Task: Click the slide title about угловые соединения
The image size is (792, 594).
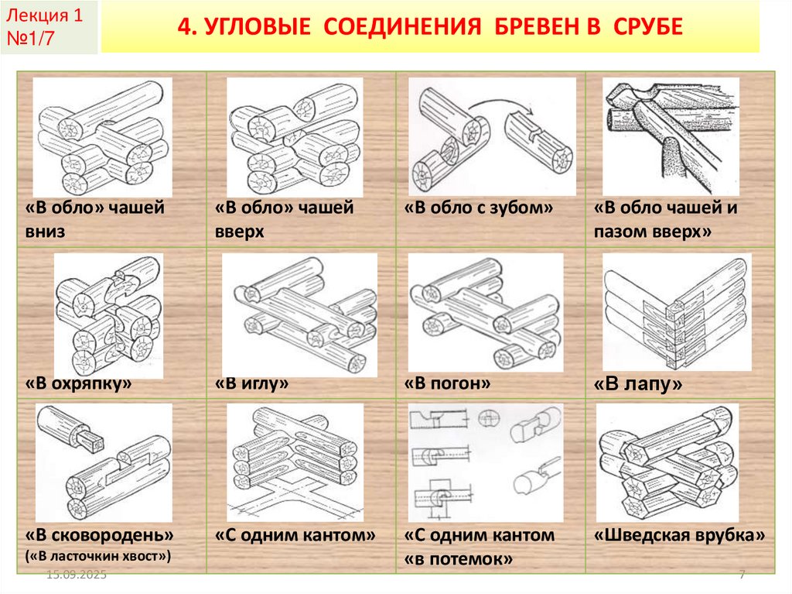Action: (x=430, y=28)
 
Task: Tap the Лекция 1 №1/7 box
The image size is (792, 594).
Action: (x=49, y=28)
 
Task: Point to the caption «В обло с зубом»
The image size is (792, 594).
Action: (x=480, y=208)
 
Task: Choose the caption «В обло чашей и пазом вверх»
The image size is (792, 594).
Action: (x=665, y=219)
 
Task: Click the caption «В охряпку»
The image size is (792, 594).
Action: (x=77, y=383)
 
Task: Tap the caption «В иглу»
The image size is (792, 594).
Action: (x=252, y=383)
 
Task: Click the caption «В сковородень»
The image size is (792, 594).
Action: (x=99, y=535)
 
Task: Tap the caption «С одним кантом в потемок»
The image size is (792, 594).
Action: (x=479, y=546)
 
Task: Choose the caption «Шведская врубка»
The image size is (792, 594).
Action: (x=679, y=535)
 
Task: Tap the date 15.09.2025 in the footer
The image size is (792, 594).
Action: (x=76, y=576)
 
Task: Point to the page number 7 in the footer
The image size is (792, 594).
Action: (x=742, y=576)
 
